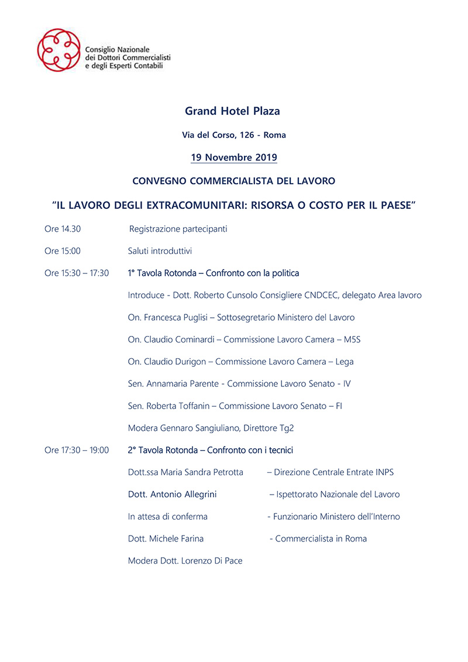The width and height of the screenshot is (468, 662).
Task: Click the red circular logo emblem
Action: pos(58,50)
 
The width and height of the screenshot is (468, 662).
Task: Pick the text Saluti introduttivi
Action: pos(160,251)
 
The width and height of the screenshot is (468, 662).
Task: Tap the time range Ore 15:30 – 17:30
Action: pos(77,273)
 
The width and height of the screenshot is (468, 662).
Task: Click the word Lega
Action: pos(345,362)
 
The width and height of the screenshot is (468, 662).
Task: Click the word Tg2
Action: pos(287,428)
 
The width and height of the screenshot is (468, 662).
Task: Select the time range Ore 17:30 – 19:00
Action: pos(77,450)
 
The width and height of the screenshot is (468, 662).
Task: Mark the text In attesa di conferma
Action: pos(168,517)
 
